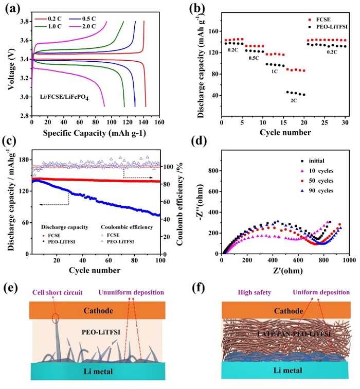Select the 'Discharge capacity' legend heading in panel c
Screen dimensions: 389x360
61,227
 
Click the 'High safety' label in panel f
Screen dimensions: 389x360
241,292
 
